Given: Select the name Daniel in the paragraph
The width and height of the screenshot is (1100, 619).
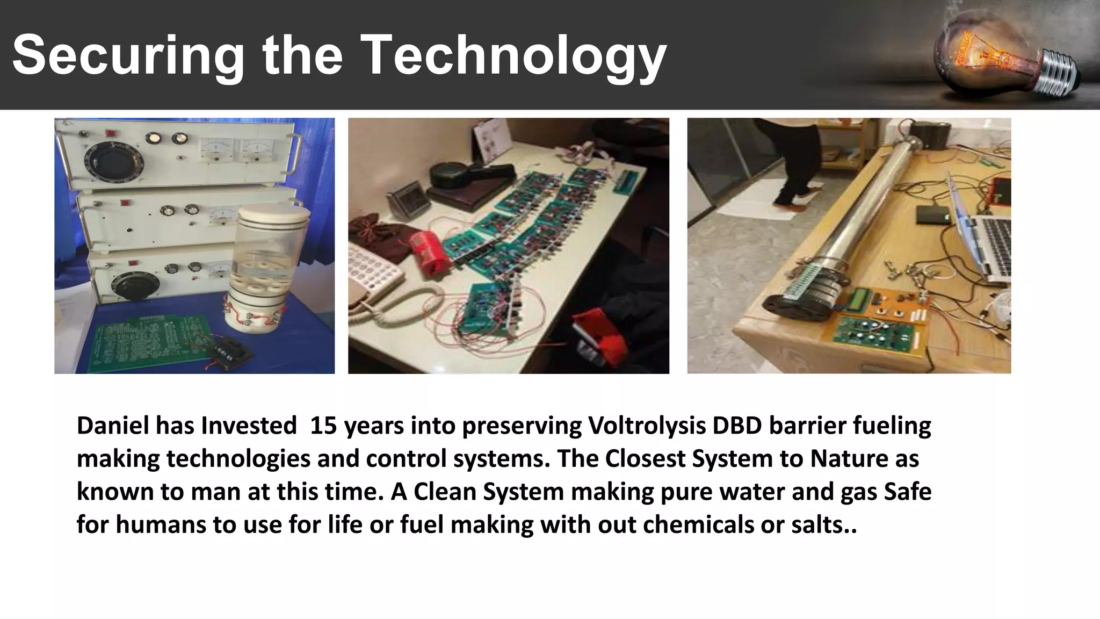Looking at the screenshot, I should pyautogui.click(x=111, y=426).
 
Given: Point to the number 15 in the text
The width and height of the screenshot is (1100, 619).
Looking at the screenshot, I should pyautogui.click(x=323, y=426).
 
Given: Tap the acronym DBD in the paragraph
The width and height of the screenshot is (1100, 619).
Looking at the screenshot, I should pyautogui.click(x=736, y=426).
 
